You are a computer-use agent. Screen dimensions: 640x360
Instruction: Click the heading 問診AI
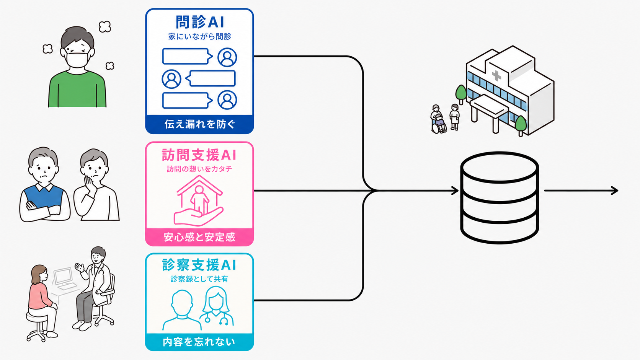[x=200, y=22]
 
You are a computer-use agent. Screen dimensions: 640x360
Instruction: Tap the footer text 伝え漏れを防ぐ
[x=199, y=124]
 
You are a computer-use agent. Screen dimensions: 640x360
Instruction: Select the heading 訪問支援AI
[x=199, y=155]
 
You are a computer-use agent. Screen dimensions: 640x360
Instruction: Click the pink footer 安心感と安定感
[x=199, y=237]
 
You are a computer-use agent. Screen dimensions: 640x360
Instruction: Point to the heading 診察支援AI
[x=199, y=265]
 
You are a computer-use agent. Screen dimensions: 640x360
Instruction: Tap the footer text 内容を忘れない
[x=199, y=342]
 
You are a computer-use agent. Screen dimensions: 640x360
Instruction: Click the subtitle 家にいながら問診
[x=200, y=37]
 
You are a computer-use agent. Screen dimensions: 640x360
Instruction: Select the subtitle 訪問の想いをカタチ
[x=199, y=169]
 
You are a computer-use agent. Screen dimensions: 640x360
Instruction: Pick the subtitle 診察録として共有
[x=199, y=279]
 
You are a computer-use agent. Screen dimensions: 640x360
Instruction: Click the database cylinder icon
[x=500, y=197]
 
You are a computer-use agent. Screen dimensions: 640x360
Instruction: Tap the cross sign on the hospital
[x=496, y=76]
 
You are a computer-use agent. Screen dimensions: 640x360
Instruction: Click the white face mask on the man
[x=77, y=59]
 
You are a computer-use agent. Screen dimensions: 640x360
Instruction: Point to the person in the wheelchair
[x=438, y=119]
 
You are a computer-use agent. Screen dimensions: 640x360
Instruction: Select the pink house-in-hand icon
[x=199, y=200]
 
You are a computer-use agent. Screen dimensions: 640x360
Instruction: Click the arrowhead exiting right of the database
[x=614, y=191]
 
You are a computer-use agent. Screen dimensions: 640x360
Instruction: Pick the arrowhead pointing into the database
[x=455, y=191]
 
